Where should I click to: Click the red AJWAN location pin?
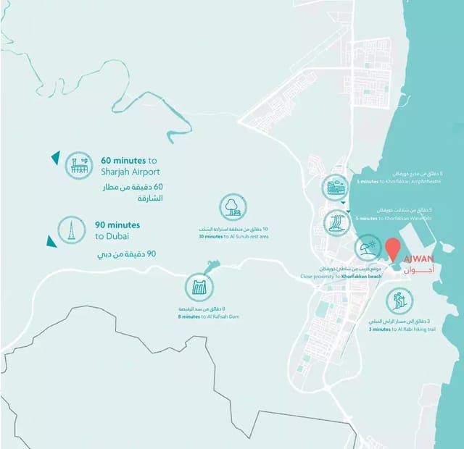pyautogui.click(x=393, y=248)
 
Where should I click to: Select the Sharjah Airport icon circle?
pyautogui.click(x=78, y=165)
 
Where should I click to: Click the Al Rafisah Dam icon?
pyautogui.click(x=199, y=287)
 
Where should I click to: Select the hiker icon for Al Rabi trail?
pyautogui.click(x=398, y=300)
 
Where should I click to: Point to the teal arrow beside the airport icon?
pyautogui.click(x=54, y=156)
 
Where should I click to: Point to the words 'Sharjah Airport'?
pyautogui.click(x=130, y=172)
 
